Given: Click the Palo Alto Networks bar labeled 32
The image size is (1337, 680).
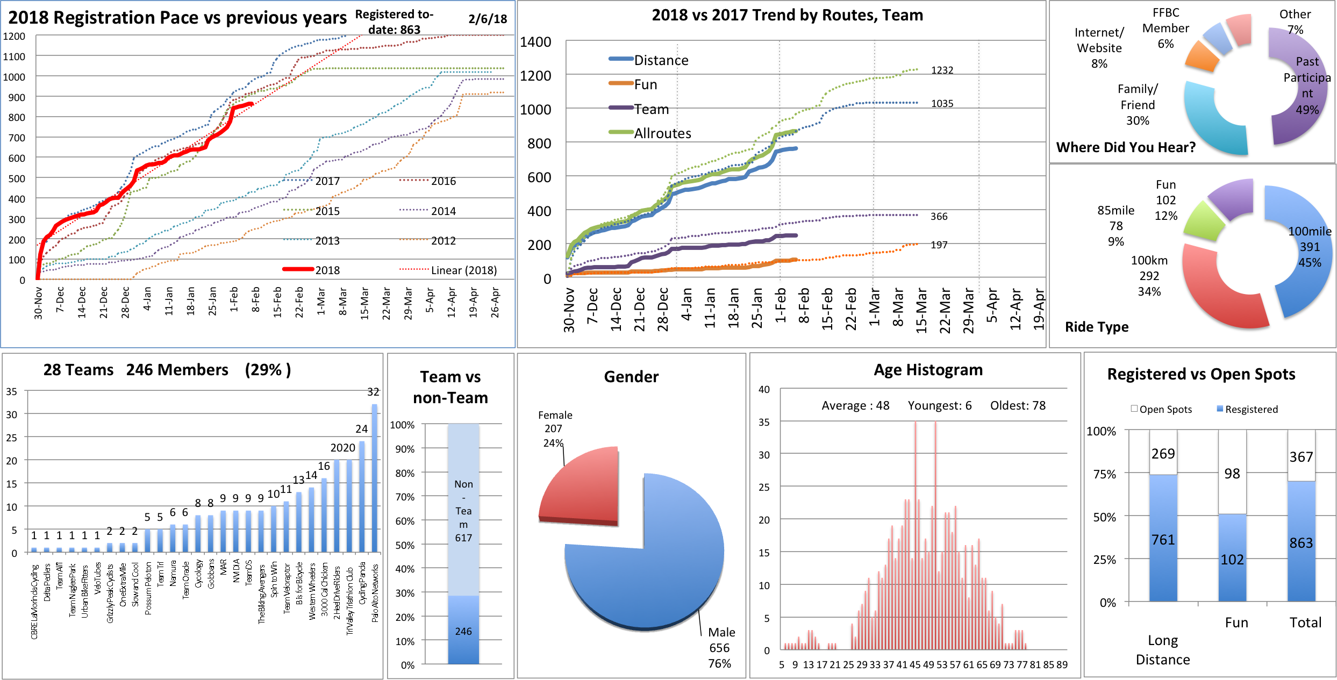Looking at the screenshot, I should pyautogui.click(x=375, y=478).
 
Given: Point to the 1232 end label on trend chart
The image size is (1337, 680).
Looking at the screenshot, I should pyautogui.click(x=942, y=70).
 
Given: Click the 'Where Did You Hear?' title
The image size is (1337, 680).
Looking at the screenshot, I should pyautogui.click(x=1126, y=147).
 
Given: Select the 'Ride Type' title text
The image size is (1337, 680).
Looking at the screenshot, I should pyautogui.click(x=1097, y=327).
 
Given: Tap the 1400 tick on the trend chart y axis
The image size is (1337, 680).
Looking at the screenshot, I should pyautogui.click(x=535, y=42).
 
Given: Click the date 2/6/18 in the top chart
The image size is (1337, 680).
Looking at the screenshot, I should pyautogui.click(x=488, y=19).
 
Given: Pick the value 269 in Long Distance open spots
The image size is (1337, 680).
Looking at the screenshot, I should pyautogui.click(x=1163, y=454).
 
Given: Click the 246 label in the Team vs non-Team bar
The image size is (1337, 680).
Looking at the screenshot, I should pyautogui.click(x=463, y=631).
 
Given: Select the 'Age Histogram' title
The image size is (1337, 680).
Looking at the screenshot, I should pyautogui.click(x=928, y=370).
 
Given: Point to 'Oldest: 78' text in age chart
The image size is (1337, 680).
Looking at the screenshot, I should pyautogui.click(x=1018, y=405).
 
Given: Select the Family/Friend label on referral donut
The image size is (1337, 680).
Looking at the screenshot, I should pyautogui.click(x=1138, y=104).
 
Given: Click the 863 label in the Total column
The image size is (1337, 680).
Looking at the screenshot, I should pyautogui.click(x=1301, y=543).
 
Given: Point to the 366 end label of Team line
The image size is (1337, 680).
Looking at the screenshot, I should pyautogui.click(x=939, y=217).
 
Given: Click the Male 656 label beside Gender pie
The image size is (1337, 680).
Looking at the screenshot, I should pyautogui.click(x=720, y=647).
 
